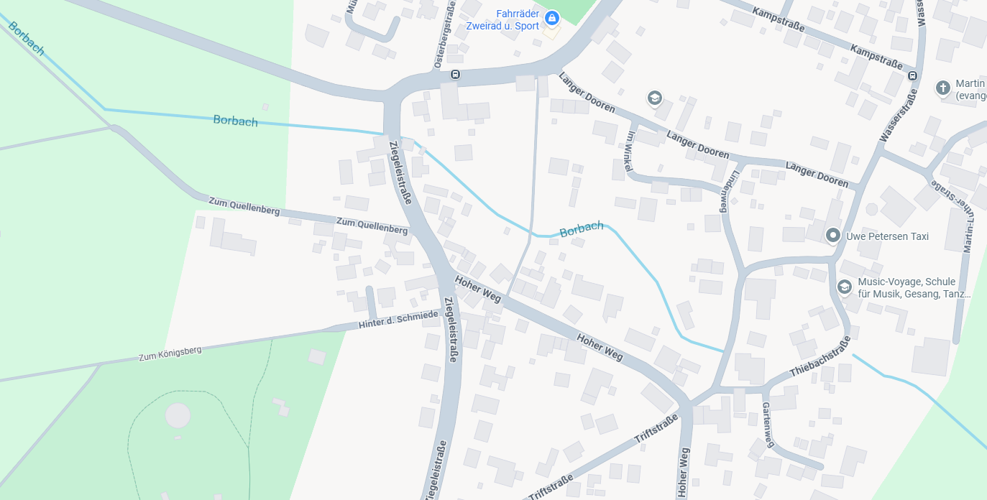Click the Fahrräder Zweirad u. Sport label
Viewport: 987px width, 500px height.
[517, 20]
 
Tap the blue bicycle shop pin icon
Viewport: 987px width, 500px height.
[551, 17]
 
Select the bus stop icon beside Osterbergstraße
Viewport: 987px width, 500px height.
[455, 74]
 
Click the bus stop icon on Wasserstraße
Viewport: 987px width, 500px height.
[912, 75]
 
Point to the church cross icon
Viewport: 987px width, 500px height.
[942, 88]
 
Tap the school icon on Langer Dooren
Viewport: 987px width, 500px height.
[654, 98]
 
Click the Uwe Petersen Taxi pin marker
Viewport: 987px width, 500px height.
[833, 235]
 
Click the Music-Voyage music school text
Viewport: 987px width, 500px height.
[913, 287]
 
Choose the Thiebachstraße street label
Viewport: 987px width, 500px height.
[820, 357]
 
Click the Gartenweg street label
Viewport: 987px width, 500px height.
[768, 424]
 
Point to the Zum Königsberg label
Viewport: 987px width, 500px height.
[170, 353]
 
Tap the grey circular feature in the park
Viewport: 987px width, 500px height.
[178, 415]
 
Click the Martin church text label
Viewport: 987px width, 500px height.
[970, 89]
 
